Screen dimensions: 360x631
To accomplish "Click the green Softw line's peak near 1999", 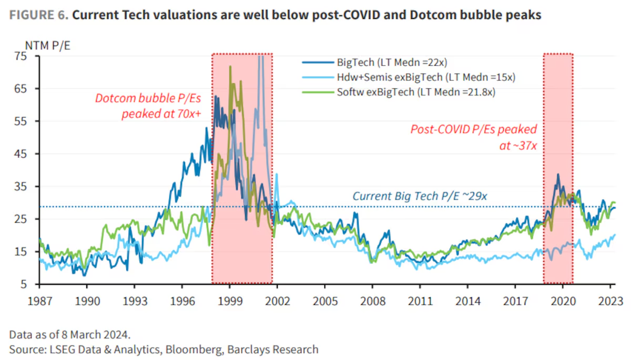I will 230,67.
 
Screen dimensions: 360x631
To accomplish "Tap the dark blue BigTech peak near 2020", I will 558,174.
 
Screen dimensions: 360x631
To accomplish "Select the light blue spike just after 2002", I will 277,174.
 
